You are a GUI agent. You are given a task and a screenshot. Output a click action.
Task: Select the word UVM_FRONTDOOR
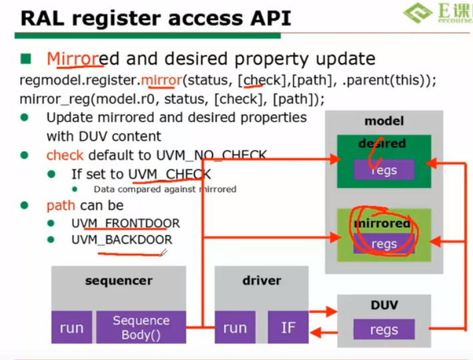125,223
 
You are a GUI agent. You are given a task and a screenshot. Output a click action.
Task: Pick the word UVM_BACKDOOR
121,240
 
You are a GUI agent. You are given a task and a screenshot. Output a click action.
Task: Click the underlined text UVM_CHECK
169,175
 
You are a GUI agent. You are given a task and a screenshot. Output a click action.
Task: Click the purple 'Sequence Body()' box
141,327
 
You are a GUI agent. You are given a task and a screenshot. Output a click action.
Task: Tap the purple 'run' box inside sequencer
71,327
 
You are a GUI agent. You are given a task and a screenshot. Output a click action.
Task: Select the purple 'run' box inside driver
235,327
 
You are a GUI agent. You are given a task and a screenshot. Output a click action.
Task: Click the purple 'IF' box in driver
288,327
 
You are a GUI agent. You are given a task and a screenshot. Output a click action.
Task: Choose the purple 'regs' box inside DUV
384,329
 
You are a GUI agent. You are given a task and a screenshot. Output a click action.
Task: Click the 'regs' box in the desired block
384,170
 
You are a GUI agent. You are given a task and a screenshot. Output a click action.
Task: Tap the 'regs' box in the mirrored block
384,244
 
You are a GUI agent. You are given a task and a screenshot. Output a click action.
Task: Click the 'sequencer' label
119,281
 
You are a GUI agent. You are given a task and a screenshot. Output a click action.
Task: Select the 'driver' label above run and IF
261,281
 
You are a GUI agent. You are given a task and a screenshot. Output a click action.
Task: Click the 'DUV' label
384,305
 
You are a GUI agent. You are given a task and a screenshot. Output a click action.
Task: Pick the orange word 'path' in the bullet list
61,205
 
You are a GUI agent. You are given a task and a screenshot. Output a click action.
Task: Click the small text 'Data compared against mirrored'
165,189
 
